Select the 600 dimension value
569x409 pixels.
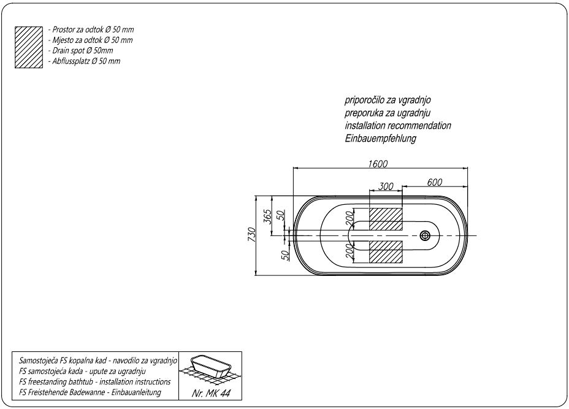[435, 182]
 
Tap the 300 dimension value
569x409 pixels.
[386, 186]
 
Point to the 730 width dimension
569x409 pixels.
[250, 235]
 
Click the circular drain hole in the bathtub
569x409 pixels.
[425, 235]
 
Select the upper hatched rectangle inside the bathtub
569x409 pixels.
[385, 219]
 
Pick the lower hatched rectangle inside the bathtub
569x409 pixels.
[385, 251]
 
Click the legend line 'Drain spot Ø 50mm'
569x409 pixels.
[80, 51]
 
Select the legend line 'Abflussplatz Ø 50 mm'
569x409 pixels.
[83, 61]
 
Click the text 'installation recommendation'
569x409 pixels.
[397, 126]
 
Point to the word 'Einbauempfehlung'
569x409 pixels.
[380, 139]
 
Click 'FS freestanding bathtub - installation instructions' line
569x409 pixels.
[95, 381]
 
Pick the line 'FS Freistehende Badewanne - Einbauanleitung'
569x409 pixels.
[91, 392]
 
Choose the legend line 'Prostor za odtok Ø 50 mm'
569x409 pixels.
[90, 29]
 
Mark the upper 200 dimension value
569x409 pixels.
[349, 219]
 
